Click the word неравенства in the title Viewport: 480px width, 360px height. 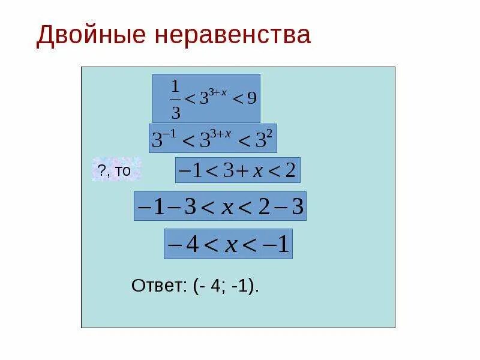pos(235,35)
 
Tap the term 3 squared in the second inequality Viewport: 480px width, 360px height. pos(265,139)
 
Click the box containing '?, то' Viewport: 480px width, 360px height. pos(116,170)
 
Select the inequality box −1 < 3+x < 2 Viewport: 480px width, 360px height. pos(237,170)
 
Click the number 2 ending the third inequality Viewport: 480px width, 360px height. pos(290,171)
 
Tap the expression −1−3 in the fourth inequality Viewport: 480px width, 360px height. pos(166,207)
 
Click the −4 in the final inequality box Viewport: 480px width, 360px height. pos(184,244)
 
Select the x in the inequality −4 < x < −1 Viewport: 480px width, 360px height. pos(232,245)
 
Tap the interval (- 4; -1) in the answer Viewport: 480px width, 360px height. pos(226,286)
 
